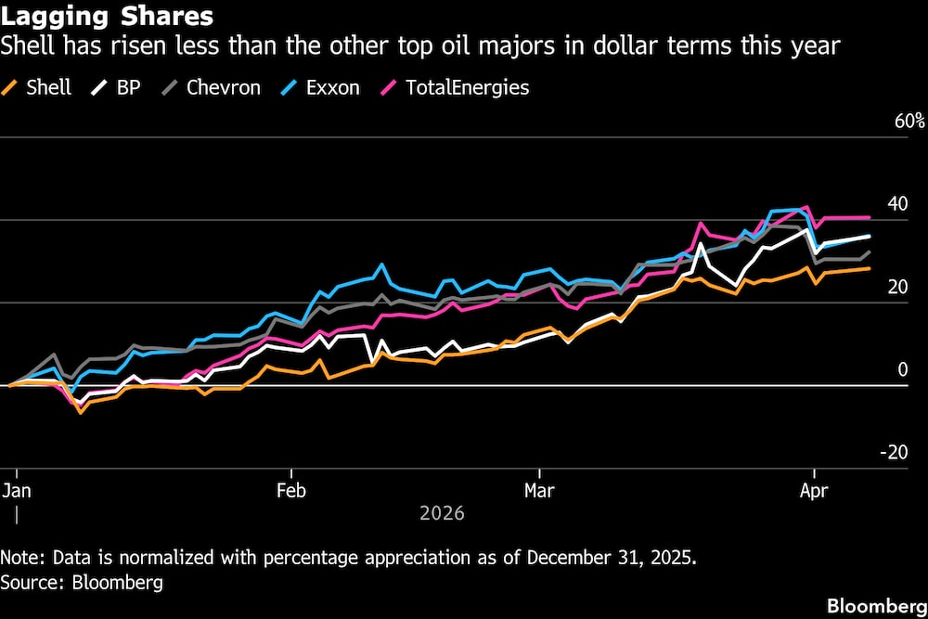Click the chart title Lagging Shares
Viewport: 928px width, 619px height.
click(x=108, y=17)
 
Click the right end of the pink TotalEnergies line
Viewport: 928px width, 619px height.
click(x=869, y=217)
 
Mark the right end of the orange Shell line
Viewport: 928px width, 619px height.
click(x=869, y=268)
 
